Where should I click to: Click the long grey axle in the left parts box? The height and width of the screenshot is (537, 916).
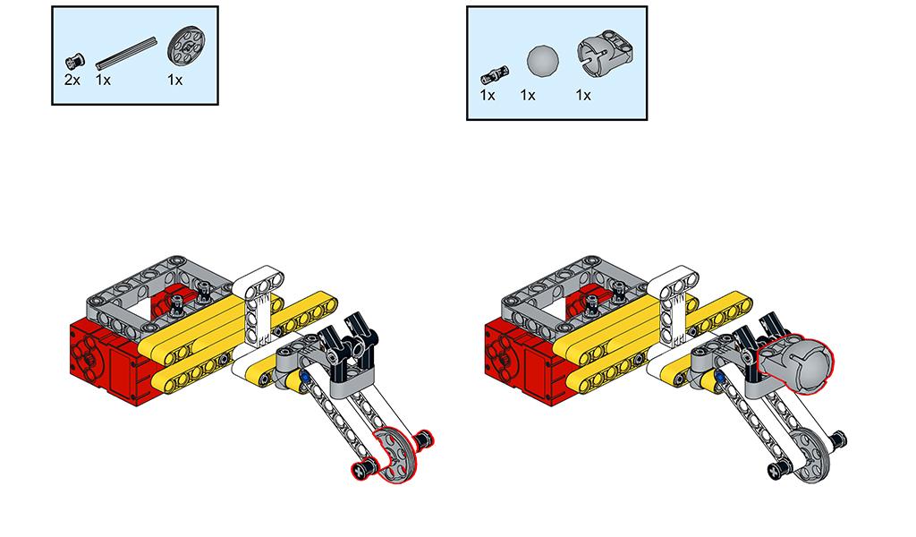(126, 53)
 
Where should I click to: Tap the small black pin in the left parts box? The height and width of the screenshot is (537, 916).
(75, 61)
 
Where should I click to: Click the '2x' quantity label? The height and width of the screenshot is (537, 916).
(72, 80)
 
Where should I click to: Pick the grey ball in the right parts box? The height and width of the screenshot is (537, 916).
(543, 61)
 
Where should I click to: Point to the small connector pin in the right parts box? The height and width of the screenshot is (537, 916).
(494, 75)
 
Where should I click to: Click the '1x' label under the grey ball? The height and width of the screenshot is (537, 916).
(528, 95)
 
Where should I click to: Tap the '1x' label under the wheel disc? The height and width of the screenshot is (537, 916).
(174, 80)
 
